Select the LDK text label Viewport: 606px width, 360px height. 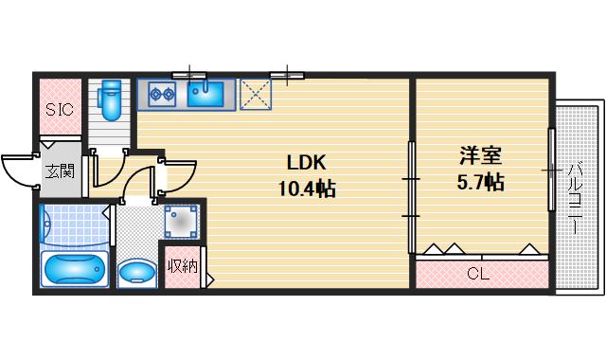(305, 162)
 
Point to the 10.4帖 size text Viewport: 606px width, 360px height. (305, 189)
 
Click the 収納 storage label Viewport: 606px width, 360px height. (184, 266)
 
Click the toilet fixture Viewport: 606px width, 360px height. (112, 96)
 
